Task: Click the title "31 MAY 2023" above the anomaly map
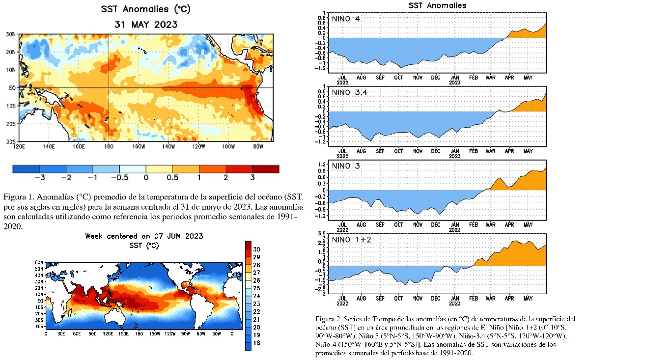[146, 24]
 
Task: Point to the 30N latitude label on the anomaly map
[11, 34]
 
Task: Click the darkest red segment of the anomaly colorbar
[265, 169]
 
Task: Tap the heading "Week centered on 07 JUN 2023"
[144, 236]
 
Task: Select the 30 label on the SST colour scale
[257, 249]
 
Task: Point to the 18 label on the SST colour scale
[257, 343]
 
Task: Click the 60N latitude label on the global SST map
[39, 263]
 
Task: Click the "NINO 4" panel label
[346, 19]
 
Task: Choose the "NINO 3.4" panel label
[350, 92]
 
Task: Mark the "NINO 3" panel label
[346, 166]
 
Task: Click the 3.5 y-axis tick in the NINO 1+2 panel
[322, 233]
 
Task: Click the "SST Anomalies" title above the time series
[437, 5]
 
